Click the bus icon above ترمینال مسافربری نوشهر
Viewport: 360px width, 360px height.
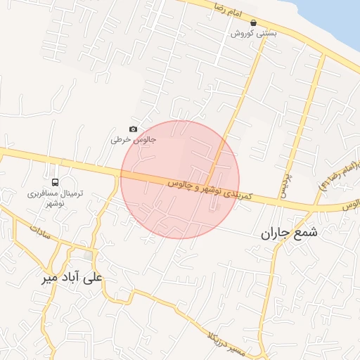pos(56,181)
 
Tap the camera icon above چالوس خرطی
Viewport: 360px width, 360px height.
pos(133,129)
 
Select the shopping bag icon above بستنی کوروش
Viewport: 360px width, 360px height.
pos(253,22)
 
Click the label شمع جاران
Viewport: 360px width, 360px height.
pos(289,232)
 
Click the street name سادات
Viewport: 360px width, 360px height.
pos(40,234)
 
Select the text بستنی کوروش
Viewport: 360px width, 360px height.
pos(254,33)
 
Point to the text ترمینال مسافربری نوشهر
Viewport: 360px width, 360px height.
pos(56,197)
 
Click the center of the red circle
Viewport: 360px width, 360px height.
pos(180,179)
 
